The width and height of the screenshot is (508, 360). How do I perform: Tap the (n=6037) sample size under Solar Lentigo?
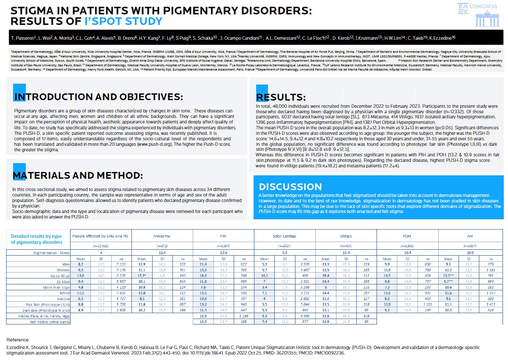285,245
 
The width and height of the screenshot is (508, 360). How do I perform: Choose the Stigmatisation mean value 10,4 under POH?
407,252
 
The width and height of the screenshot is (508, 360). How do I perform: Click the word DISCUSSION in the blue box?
290,187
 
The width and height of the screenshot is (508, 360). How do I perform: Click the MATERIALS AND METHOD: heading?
78,175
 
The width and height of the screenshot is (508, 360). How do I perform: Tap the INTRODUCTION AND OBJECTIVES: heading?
98,97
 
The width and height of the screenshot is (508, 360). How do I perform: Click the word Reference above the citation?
18,340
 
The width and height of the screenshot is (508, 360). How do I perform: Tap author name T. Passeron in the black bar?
22,39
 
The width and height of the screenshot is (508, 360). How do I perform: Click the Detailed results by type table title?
36,239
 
